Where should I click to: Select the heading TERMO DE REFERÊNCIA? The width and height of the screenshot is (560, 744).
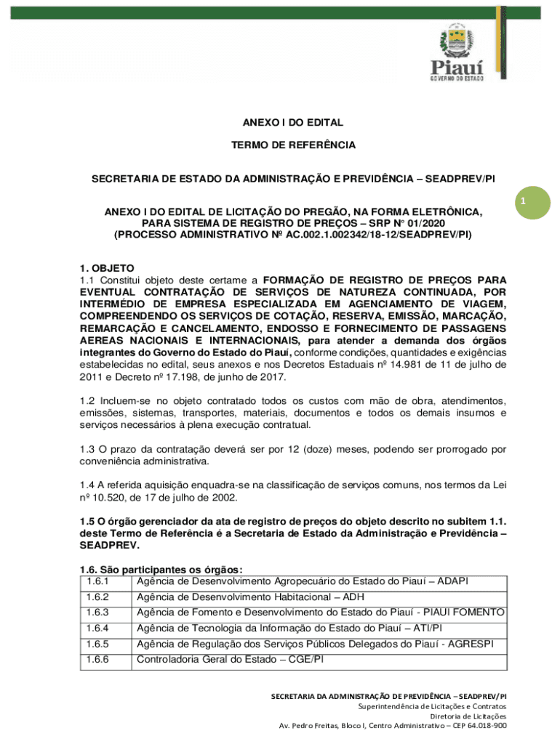[x=293, y=145]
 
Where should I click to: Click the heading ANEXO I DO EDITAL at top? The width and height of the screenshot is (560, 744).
[x=293, y=123]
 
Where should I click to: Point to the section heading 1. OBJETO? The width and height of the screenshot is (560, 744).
[x=107, y=268]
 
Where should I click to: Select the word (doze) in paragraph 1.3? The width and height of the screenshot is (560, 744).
[x=319, y=449]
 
